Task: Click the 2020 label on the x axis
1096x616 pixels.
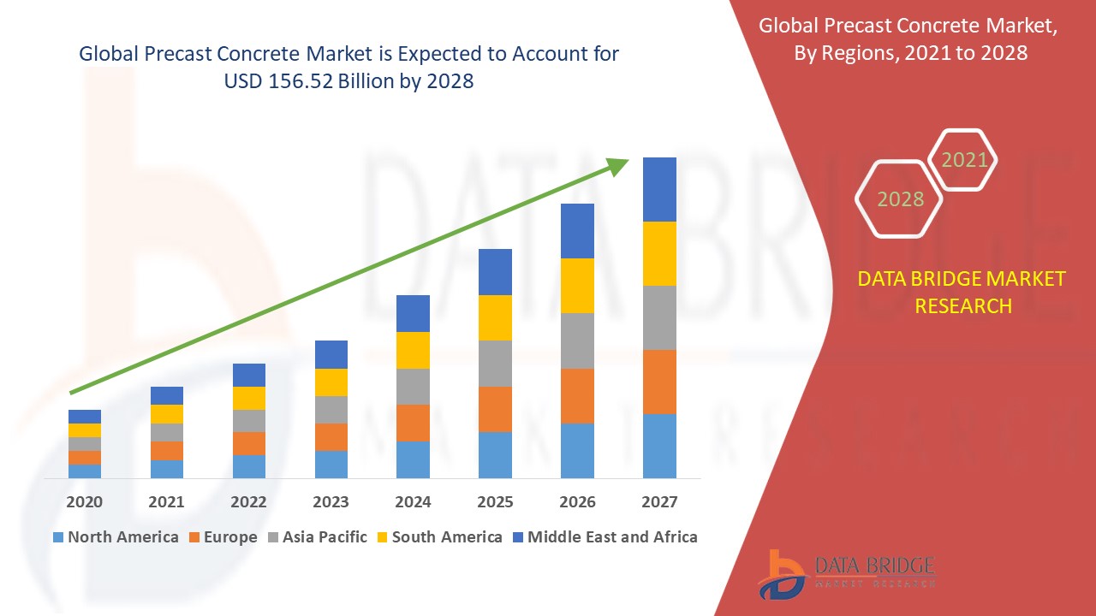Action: [x=84, y=501]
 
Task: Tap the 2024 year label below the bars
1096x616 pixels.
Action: [x=413, y=501]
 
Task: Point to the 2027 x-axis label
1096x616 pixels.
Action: [x=659, y=501]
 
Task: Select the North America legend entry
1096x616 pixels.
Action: [x=116, y=537]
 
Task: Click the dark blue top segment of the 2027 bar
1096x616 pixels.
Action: [x=659, y=189]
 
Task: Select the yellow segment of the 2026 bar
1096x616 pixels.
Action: [x=577, y=286]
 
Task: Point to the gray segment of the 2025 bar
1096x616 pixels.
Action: [x=495, y=364]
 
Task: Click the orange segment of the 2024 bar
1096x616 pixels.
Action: [x=413, y=423]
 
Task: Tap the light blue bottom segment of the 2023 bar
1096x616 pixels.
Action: [x=331, y=464]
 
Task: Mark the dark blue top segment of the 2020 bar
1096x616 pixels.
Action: [x=84, y=417]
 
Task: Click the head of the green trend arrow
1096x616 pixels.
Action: [x=616, y=165]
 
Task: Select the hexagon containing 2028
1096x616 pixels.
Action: [x=899, y=199]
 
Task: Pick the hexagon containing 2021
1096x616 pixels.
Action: [x=963, y=160]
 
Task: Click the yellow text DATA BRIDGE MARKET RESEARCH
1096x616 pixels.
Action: [x=962, y=292]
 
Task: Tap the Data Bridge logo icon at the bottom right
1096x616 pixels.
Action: [x=781, y=573]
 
